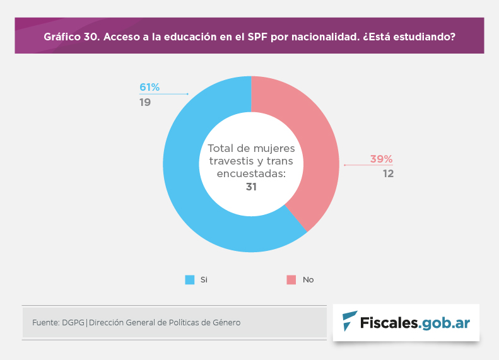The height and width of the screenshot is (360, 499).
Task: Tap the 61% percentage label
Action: tap(150, 87)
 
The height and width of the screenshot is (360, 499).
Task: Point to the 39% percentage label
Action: tap(381, 159)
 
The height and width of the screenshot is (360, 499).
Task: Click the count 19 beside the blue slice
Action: tap(145, 102)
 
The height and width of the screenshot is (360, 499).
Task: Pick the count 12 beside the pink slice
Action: tap(388, 173)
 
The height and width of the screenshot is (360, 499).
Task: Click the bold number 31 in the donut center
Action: tap(251, 187)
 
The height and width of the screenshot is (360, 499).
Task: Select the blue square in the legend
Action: tap(190, 279)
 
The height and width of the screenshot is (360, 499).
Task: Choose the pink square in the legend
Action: tap(291, 279)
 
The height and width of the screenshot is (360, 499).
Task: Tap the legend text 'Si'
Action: tap(204, 279)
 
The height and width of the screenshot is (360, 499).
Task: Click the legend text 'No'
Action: tap(308, 279)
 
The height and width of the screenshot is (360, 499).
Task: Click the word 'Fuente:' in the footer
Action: tap(45, 323)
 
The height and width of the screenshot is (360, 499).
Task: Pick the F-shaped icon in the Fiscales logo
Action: tap(349, 322)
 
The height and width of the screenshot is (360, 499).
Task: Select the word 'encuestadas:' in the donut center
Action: tap(251, 174)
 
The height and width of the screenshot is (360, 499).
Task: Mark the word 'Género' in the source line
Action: tap(226, 323)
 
